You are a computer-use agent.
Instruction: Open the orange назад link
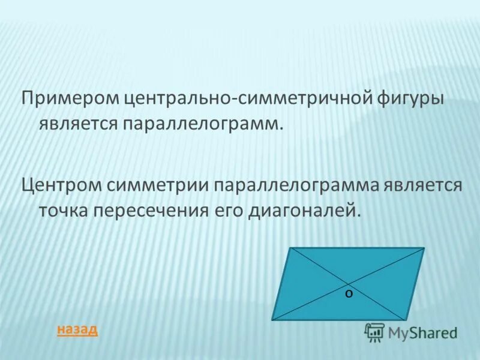coord(76,329)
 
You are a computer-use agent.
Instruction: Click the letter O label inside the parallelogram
coord(349,293)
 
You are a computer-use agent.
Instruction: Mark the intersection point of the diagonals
coord(348,283)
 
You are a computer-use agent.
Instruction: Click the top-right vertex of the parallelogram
coord(424,248)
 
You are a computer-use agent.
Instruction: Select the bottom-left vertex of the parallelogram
coord(272,320)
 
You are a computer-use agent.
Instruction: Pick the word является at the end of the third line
coord(424,185)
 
